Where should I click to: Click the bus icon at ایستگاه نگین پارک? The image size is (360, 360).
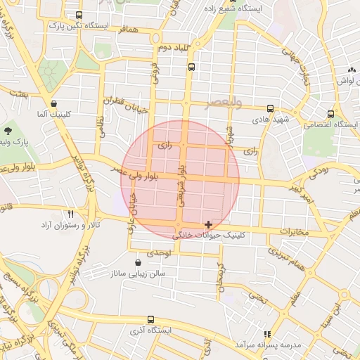[x=77, y=14]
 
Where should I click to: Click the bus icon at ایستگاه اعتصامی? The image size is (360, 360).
[x=330, y=113]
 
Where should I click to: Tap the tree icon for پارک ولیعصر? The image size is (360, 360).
[x=8, y=131]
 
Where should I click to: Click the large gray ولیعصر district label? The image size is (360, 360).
[x=225, y=103]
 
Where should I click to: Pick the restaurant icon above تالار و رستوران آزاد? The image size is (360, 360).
[x=70, y=214]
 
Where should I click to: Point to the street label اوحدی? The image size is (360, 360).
[x=159, y=252]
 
